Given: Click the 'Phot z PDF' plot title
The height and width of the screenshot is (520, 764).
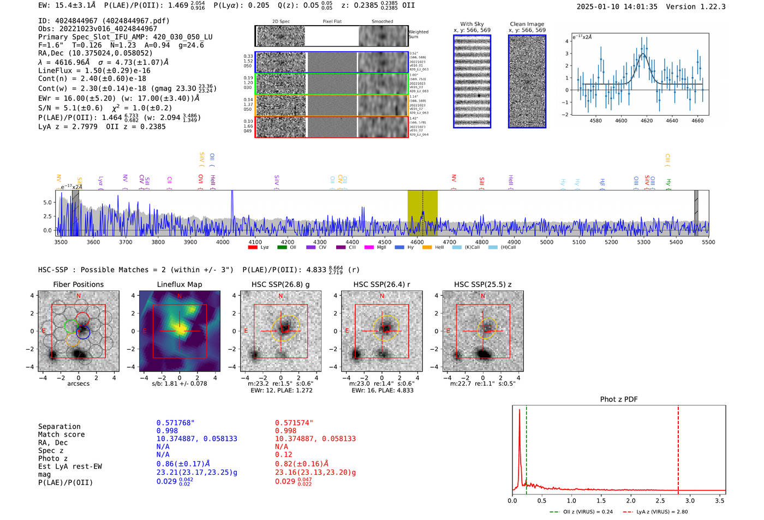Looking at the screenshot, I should [x=619, y=399].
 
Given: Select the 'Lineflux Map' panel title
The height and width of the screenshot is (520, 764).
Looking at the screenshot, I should [x=180, y=284].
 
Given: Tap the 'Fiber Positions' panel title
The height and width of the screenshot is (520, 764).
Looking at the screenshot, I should [x=79, y=284].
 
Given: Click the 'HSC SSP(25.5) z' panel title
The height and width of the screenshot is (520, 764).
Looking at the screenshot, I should [x=483, y=284].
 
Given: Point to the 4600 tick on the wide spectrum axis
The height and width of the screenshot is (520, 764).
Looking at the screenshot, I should [x=417, y=242].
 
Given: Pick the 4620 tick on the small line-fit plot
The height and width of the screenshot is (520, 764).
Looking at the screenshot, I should [x=647, y=121].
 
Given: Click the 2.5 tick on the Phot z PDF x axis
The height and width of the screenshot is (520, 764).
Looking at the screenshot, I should [x=660, y=500].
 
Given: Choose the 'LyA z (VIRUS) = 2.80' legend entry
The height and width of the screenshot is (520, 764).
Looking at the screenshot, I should [x=661, y=512].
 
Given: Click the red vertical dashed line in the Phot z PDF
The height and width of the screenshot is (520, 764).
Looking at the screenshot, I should [x=678, y=447].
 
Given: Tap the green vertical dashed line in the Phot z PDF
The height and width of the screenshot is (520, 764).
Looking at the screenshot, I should [x=527, y=447].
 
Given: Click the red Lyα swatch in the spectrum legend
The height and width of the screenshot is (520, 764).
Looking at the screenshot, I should [x=253, y=248].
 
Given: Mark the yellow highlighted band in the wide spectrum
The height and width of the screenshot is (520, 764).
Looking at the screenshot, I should [x=422, y=213].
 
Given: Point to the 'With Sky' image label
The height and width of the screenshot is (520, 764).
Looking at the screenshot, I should [x=472, y=24].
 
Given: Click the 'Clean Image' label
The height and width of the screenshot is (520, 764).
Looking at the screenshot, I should [x=527, y=24].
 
